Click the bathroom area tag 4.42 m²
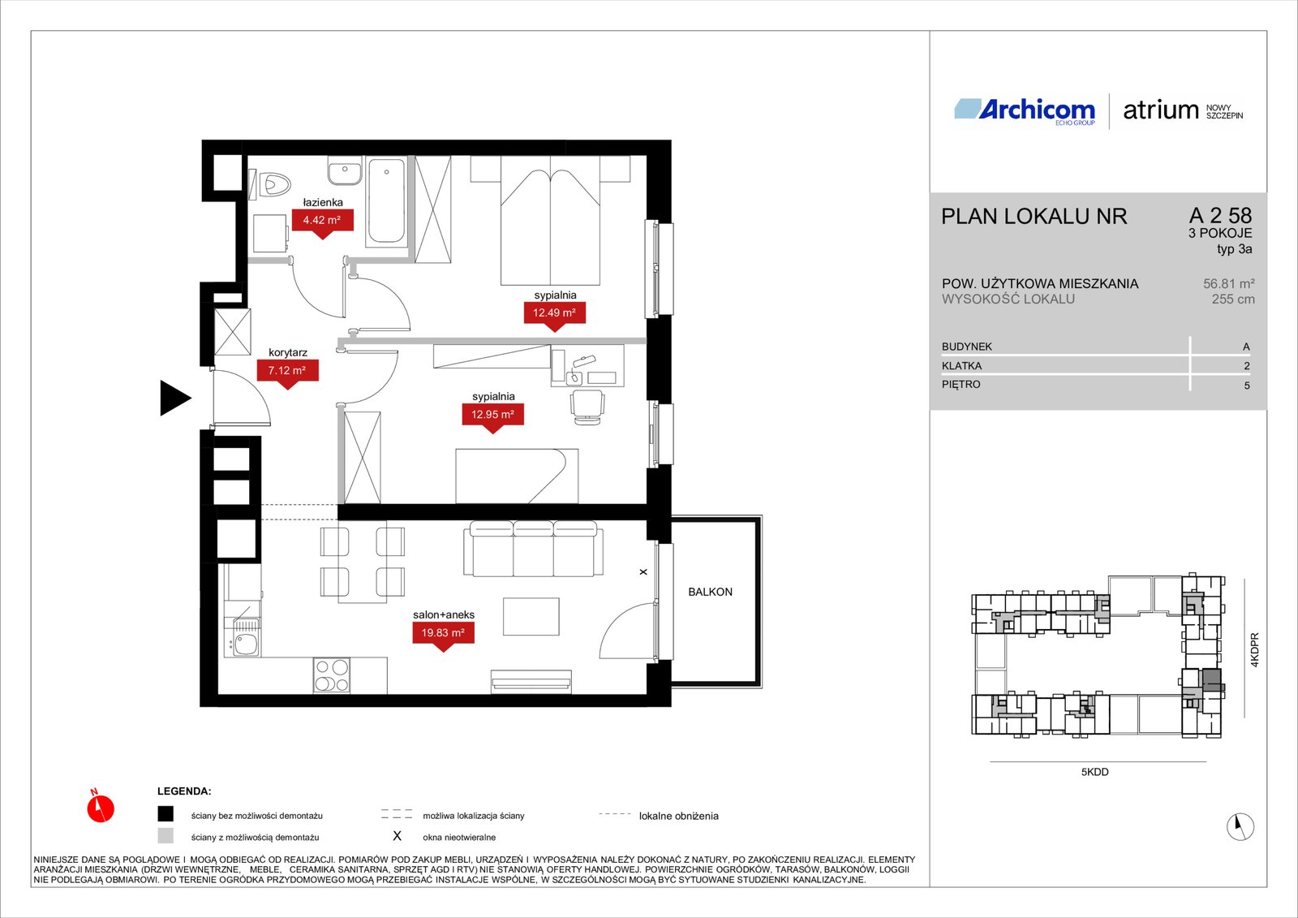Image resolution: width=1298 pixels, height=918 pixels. click(322, 220)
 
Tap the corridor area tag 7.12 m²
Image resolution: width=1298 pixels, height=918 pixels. click(287, 371)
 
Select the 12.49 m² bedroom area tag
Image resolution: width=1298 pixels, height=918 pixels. click(555, 313)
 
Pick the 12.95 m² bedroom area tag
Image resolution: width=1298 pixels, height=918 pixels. click(492, 415)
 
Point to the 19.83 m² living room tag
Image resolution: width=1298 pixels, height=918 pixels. click(443, 632)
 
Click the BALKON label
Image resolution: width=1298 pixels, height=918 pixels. click(710, 592)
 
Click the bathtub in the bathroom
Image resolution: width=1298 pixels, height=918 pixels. click(386, 200)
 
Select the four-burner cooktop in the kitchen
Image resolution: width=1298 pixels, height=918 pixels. click(332, 675)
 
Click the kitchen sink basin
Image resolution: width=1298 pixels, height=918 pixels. click(247, 644)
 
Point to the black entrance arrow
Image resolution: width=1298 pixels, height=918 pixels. click(175, 399)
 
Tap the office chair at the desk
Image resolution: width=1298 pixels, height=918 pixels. click(587, 407)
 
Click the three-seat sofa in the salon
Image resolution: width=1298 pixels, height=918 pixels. click(533, 549)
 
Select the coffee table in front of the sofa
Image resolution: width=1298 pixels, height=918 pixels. click(531, 617)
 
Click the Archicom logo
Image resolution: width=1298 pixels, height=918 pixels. click(1025, 110)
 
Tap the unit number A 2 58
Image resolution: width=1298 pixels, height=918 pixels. click(1220, 216)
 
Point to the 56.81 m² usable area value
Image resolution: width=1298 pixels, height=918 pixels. click(1228, 283)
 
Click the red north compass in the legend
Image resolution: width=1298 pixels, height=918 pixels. click(101, 807)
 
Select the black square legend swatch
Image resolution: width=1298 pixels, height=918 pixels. click(165, 813)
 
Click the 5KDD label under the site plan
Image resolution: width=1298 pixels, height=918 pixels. click(1094, 772)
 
